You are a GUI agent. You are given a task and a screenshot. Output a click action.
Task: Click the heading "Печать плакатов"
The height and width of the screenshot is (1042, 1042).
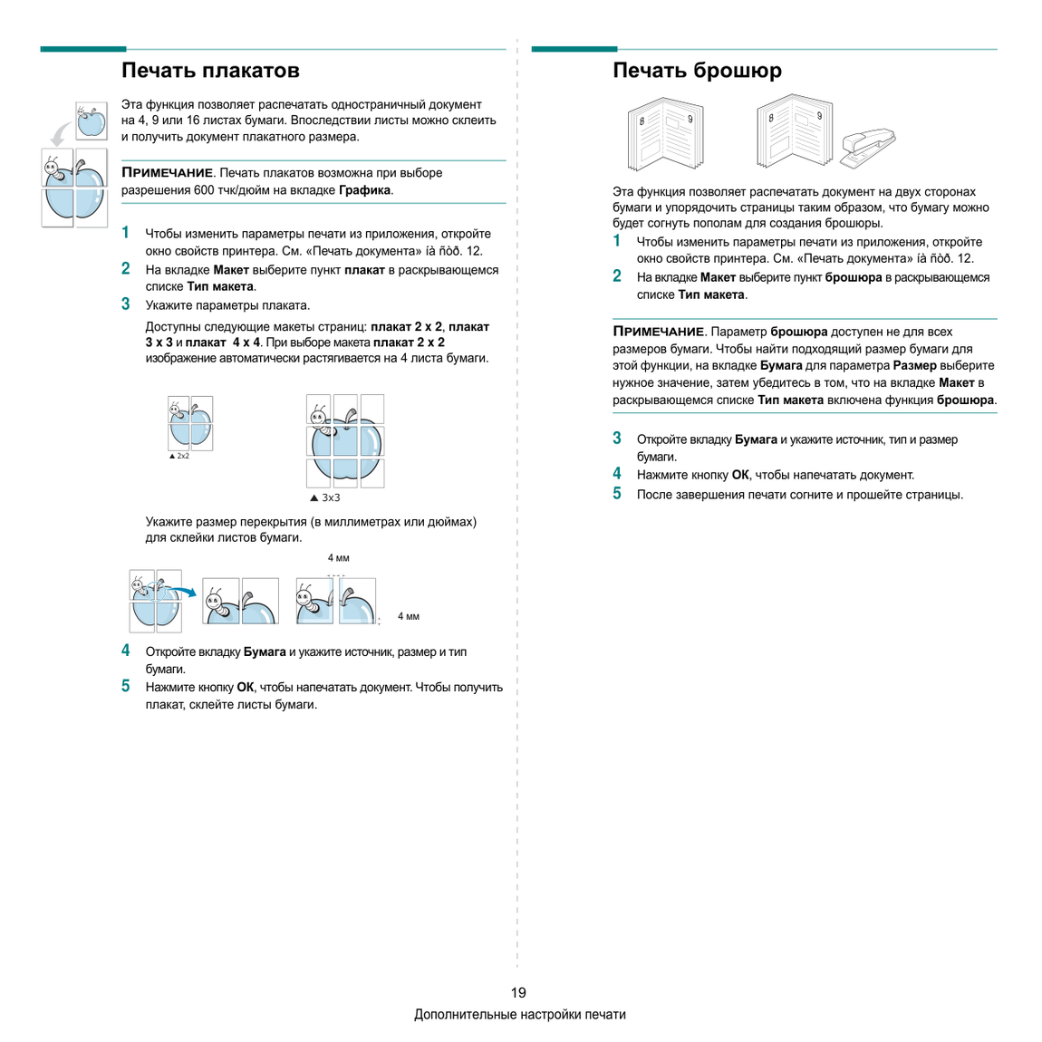pos(210,71)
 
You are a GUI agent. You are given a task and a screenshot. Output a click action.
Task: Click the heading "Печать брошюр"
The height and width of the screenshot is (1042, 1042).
pos(697,71)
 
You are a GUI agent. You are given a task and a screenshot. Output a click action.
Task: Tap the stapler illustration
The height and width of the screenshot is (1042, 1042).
pos(868,147)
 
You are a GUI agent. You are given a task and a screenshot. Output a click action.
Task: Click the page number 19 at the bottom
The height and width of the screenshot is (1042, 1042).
pos(518,992)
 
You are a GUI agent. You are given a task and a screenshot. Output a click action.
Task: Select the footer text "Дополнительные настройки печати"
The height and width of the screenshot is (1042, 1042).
pos(520,1014)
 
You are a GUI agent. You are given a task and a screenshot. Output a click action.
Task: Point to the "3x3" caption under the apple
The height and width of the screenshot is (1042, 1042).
pos(331,497)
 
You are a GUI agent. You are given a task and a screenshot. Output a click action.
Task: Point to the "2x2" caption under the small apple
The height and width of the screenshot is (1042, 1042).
pos(183,456)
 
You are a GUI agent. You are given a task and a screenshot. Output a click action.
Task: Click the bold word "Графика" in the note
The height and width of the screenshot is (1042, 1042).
pos(365,190)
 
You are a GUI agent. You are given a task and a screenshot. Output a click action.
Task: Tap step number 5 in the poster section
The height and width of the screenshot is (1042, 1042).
pos(126,686)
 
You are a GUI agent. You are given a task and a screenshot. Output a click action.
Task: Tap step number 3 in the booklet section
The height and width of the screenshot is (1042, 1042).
pos(617,438)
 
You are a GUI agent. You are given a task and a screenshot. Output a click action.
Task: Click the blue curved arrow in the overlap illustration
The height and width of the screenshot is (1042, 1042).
pos(180,591)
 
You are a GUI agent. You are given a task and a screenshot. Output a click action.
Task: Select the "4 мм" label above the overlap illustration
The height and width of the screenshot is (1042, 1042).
pos(338,558)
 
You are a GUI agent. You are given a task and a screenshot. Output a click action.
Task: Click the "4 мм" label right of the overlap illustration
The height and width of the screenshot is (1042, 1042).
pos(409,617)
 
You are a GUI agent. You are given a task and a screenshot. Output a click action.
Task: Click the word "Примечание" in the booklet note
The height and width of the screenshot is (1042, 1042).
pos(658,332)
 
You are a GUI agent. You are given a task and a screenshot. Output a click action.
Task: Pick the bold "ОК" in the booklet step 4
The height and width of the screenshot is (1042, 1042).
pos(740,475)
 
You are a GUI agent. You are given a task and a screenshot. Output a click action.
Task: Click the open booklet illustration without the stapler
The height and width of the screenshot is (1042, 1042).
pos(665,134)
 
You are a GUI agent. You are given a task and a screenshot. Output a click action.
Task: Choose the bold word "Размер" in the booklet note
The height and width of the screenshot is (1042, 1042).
pos(915,365)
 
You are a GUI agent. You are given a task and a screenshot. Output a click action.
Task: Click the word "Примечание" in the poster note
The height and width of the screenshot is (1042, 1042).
pos(167,173)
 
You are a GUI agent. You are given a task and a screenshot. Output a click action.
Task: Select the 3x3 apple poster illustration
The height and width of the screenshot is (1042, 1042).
pos(345,440)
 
